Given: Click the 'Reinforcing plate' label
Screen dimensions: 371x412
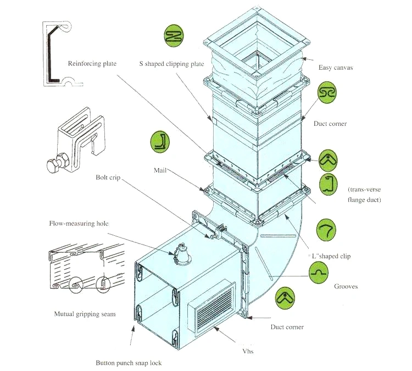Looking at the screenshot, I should coord(92,63).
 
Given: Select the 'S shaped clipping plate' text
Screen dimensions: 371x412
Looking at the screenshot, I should coord(171,64).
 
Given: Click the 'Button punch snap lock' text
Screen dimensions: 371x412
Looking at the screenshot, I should coord(129,363).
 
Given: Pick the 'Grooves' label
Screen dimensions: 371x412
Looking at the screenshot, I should coord(346,286).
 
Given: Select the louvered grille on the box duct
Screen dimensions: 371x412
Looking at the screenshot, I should coord(213,309).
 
